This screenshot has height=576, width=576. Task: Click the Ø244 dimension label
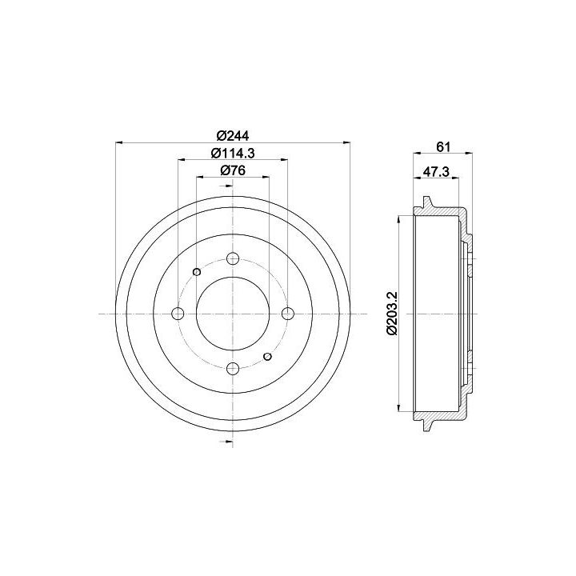tap(233, 136)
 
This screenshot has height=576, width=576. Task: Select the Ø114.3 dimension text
tap(233, 153)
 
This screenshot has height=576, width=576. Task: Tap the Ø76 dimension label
tap(233, 170)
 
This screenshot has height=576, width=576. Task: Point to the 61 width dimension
tap(443, 146)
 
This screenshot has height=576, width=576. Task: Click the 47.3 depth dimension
tap(436, 171)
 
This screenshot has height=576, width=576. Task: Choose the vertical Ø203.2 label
tap(392, 313)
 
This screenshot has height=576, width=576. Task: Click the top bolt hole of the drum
tap(233, 258)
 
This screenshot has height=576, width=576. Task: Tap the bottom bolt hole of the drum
tap(233, 368)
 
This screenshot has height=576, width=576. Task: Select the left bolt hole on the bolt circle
tap(178, 314)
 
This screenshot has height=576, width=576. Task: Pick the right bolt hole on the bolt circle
tap(288, 314)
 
